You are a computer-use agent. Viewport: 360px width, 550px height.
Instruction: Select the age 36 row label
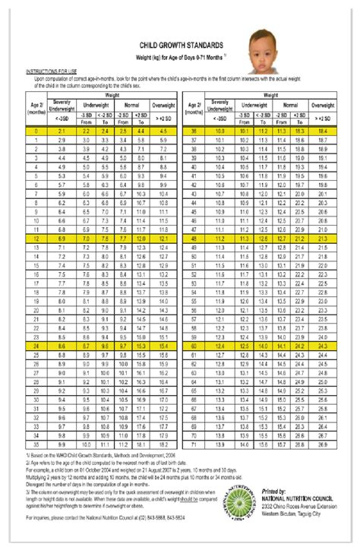point(196,131)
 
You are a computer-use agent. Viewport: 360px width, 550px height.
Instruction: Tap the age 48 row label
point(196,239)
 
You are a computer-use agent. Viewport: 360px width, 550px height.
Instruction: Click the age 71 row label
point(196,444)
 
